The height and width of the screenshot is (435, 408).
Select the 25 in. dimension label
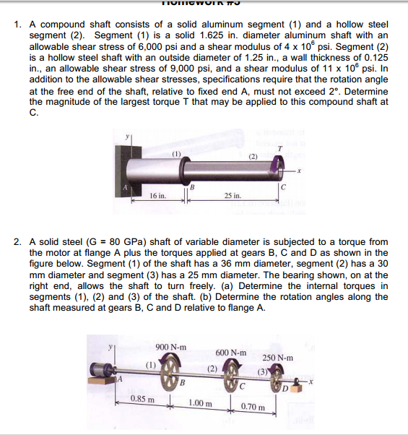click(232, 196)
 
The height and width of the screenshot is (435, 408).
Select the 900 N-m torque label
click(171, 347)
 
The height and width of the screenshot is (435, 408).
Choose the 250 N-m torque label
click(277, 358)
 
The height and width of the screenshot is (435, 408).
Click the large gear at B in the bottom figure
click(171, 375)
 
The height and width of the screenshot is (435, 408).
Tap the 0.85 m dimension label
click(140, 398)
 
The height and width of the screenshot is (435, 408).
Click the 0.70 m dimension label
click(253, 408)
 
